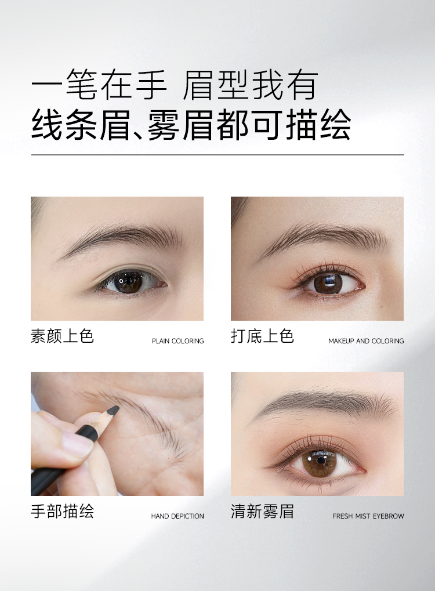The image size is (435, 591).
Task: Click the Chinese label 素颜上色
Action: tap(62, 335)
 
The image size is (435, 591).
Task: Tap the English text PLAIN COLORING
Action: tap(177, 340)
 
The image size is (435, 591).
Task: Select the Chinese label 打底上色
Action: tap(262, 335)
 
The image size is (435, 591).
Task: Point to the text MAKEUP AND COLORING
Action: tap(365, 340)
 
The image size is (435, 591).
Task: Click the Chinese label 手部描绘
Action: tap(62, 511)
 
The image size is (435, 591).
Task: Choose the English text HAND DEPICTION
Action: tap(177, 516)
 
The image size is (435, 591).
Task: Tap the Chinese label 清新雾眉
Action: tap(262, 511)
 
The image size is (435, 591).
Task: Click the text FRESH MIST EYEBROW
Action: tap(368, 516)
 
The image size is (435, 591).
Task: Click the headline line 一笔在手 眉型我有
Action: tap(175, 85)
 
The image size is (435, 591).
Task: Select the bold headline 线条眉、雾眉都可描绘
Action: tap(191, 125)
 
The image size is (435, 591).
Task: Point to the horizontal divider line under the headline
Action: tap(217, 154)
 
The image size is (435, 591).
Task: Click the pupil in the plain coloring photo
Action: tap(128, 281)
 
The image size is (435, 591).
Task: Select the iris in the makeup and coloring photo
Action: tap(328, 283)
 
